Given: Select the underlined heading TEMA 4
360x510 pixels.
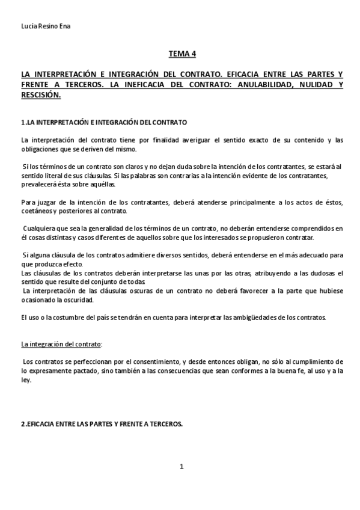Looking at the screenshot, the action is coord(182,54).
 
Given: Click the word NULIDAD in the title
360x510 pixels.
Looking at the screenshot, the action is coord(313,85).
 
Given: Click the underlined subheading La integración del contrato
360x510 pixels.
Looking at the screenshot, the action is coord(61,344).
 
